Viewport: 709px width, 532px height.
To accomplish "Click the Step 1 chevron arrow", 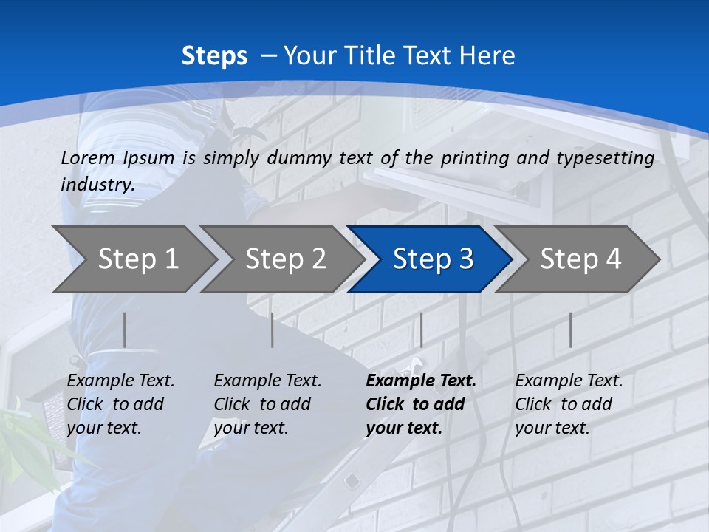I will (x=133, y=259).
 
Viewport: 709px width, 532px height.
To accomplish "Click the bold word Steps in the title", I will (x=214, y=56).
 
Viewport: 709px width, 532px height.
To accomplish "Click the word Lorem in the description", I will (x=87, y=157).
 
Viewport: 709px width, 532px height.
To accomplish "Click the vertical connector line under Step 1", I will (x=125, y=330).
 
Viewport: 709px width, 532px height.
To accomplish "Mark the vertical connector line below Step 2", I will (x=273, y=330).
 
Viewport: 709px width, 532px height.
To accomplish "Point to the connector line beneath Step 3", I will (x=421, y=330).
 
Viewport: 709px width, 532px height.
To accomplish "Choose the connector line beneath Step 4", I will (x=570, y=330).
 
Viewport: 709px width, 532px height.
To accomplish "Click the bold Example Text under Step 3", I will (x=421, y=381).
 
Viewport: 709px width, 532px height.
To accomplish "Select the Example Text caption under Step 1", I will (x=120, y=381).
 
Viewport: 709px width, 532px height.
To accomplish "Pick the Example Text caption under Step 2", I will (x=267, y=381).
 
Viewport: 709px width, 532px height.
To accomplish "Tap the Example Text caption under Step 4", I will (x=569, y=381).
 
